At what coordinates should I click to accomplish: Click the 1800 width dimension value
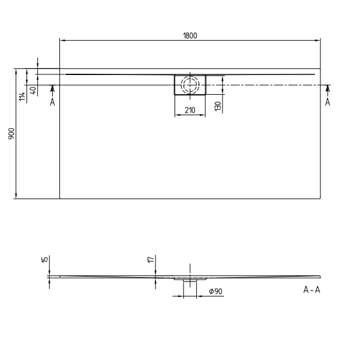190,35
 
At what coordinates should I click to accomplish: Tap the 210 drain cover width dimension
190,110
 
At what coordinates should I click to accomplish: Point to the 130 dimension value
218,106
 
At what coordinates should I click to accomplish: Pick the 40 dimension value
33,90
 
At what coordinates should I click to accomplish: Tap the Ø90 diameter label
215,291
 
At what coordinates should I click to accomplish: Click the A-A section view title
312,290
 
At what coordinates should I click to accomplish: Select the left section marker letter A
52,102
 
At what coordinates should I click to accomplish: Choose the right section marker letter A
328,102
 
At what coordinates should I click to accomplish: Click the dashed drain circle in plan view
190,85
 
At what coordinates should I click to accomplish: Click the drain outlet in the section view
190,280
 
